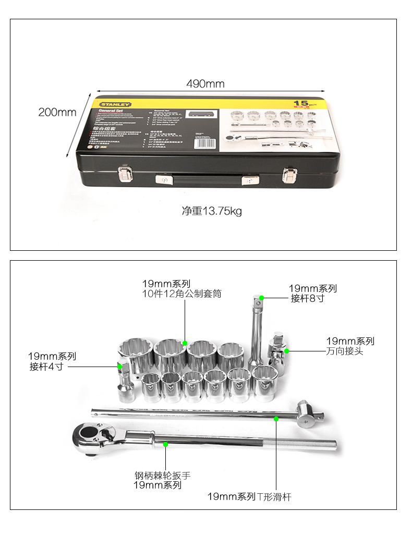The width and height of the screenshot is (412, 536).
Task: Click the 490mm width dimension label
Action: pyautogui.click(x=205, y=84)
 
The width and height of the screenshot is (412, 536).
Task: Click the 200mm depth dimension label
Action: pyautogui.click(x=57, y=112)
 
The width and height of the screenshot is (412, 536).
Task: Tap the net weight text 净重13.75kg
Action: pyautogui.click(x=212, y=211)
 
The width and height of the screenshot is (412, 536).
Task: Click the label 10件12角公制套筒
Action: pyautogui.click(x=182, y=294)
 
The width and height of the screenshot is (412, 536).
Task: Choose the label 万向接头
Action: pyautogui.click(x=344, y=351)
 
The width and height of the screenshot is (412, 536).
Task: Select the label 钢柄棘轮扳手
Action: pyautogui.click(x=163, y=476)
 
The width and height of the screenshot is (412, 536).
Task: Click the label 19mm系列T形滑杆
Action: pyautogui.click(x=249, y=496)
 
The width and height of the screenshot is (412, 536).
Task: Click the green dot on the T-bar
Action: pyautogui.click(x=276, y=418)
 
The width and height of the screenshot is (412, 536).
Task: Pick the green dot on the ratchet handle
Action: pyautogui.click(x=165, y=444)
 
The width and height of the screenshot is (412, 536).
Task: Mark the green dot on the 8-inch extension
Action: pyautogui.click(x=262, y=298)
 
